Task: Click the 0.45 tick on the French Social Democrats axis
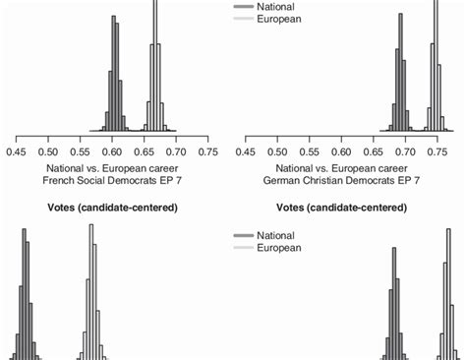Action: pyautogui.click(x=16, y=152)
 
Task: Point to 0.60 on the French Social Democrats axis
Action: pyautogui.click(x=112, y=152)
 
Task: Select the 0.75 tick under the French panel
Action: pyautogui.click(x=208, y=152)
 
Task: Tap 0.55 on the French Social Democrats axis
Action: pyautogui.click(x=80, y=152)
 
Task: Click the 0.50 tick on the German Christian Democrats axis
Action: pyautogui.click(x=278, y=152)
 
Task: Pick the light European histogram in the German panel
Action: pyautogui.click(x=437, y=89)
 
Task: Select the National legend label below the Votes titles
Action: pyautogui.click(x=276, y=236)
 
